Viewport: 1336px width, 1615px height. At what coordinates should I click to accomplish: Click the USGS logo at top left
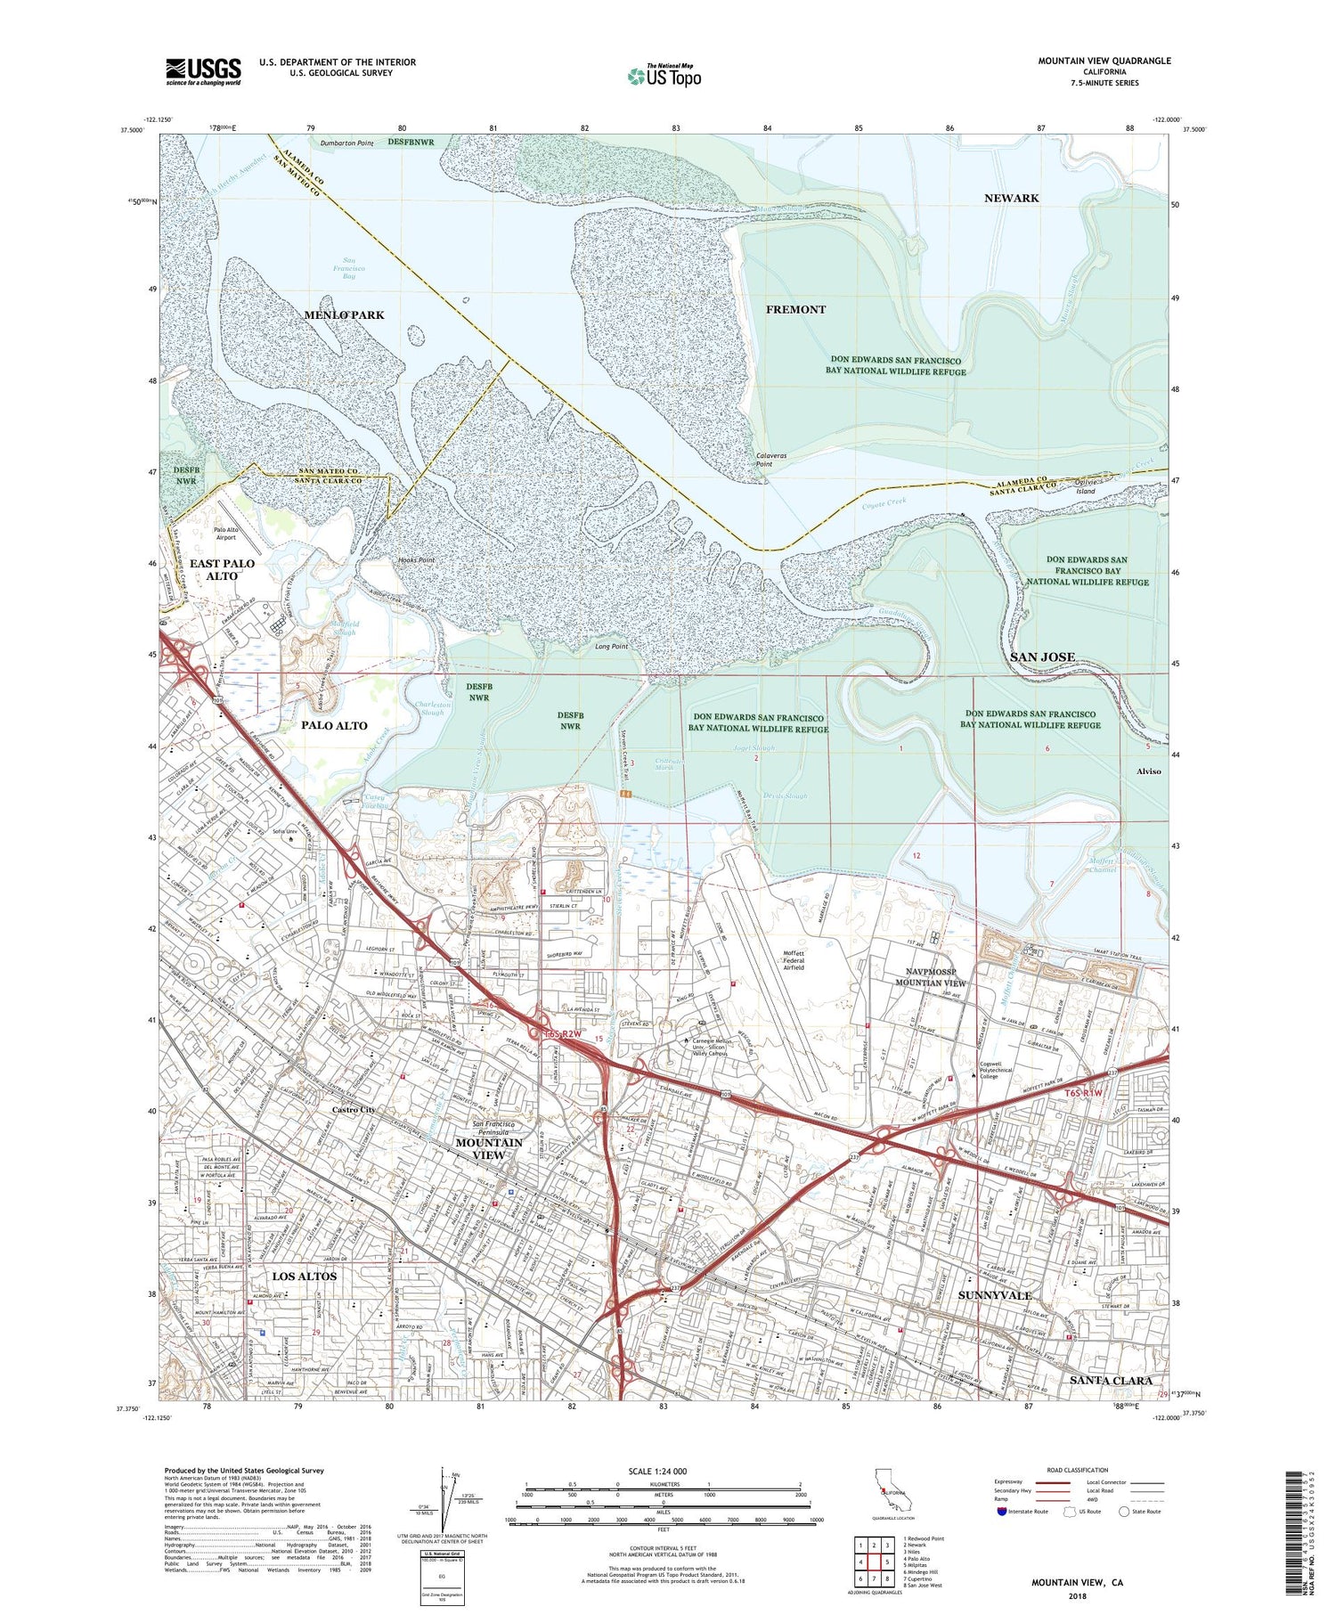coord(203,71)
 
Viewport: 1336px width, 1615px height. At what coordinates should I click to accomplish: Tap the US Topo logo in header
coord(664,77)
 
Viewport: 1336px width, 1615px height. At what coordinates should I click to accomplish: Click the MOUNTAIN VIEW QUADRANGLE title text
coord(1104,61)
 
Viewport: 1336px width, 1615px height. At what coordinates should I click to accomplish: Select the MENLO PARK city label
coord(344,315)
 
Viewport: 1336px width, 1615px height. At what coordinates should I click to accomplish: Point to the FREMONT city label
coord(795,309)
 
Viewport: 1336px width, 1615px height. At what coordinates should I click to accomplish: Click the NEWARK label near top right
coord(1011,198)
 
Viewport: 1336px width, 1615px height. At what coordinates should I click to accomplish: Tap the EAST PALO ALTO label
coord(222,570)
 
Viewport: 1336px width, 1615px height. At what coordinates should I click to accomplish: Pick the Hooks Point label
coord(415,560)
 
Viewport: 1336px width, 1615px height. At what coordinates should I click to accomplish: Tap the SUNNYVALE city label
coord(994,1295)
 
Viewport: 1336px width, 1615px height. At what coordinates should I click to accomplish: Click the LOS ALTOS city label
coord(305,1277)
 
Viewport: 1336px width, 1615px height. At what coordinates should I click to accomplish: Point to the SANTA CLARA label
coord(1110,1380)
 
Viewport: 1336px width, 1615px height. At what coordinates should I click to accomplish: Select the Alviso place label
coord(1148,771)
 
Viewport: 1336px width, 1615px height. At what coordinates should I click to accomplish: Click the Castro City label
coord(354,1110)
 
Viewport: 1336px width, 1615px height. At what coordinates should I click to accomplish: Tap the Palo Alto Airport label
coord(225,534)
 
